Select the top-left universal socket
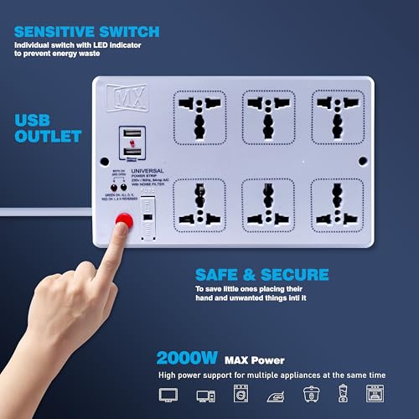[x=199, y=118]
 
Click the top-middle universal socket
[x=267, y=118]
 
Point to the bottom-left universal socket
[x=199, y=204]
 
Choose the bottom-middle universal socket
[x=267, y=204]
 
